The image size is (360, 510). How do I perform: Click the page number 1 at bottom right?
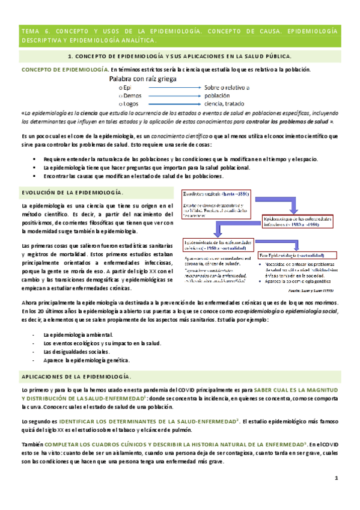tap(337, 478)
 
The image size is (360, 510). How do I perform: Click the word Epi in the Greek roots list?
tap(126, 87)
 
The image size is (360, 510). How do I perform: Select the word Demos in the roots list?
tap(131, 95)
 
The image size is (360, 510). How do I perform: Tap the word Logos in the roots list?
tap(130, 103)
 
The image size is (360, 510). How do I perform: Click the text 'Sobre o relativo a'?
tap(227, 87)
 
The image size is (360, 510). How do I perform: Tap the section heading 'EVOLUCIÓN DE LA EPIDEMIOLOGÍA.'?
tap(72, 192)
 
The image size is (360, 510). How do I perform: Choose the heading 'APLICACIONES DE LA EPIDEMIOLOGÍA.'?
tap(76, 376)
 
